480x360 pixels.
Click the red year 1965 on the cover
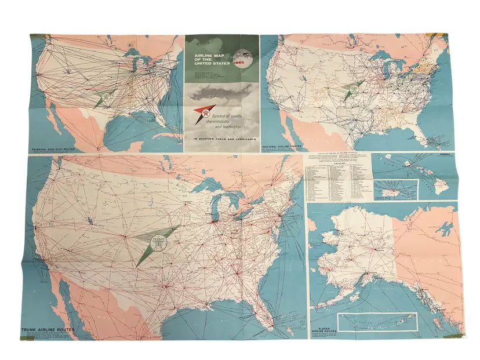click(238, 63)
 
